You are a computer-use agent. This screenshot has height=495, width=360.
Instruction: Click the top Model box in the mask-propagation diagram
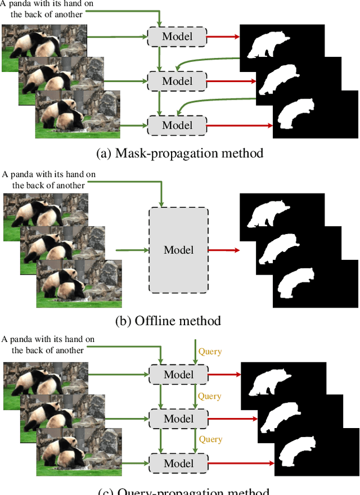click(x=177, y=37)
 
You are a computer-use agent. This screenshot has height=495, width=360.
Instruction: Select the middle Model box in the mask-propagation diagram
click(x=177, y=81)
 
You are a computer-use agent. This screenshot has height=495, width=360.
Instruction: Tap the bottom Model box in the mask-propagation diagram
click(x=177, y=125)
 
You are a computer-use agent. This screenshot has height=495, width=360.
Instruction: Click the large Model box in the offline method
click(x=178, y=250)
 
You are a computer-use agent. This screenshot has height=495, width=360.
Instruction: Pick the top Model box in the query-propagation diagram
click(x=178, y=375)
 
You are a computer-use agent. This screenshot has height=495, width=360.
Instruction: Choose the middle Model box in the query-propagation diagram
click(x=178, y=418)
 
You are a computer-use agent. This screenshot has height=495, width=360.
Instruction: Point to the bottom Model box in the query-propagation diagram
click(x=178, y=463)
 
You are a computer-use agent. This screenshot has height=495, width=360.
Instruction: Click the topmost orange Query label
click(x=210, y=352)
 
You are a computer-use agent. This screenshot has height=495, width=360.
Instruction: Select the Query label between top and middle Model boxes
click(x=210, y=396)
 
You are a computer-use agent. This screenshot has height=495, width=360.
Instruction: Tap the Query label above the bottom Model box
click(x=210, y=439)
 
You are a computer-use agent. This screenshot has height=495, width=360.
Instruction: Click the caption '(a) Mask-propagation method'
click(x=180, y=153)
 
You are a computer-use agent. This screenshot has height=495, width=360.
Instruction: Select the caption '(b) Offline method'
click(x=168, y=321)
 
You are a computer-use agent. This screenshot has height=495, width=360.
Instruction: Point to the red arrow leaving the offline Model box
click(x=223, y=250)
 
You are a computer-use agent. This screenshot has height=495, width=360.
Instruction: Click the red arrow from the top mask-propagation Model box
click(x=223, y=37)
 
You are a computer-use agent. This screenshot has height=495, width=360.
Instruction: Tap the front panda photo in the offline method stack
click(x=79, y=284)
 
